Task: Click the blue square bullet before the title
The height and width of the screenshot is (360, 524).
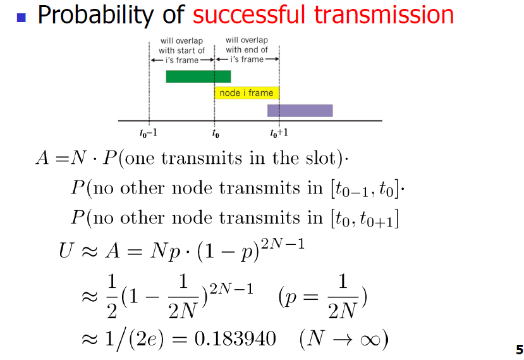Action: (x=21, y=17)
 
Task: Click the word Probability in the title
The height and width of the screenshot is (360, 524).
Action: (x=96, y=15)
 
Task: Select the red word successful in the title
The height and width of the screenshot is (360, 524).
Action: (x=248, y=15)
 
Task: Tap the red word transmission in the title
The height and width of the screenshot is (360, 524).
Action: (x=384, y=15)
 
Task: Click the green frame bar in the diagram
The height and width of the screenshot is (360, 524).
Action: (x=198, y=77)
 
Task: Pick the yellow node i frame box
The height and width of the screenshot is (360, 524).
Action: (x=247, y=92)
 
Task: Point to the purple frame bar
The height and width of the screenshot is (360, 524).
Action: (x=300, y=111)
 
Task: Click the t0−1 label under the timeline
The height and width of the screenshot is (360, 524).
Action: (x=148, y=133)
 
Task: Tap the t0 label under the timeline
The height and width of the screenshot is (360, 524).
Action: (x=216, y=133)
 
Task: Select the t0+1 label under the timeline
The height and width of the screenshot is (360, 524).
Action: (x=279, y=133)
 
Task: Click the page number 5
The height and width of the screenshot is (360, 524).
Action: (x=520, y=350)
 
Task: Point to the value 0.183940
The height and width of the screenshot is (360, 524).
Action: (x=235, y=338)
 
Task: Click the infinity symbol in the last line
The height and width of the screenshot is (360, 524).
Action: (x=370, y=340)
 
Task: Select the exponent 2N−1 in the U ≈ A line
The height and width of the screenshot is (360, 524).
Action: (x=283, y=244)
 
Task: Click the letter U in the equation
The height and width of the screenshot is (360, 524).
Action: (x=66, y=251)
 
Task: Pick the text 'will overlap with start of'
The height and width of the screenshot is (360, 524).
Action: (x=181, y=46)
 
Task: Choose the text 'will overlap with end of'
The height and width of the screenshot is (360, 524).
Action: (x=247, y=45)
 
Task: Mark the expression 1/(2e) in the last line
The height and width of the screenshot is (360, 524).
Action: (x=135, y=340)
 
